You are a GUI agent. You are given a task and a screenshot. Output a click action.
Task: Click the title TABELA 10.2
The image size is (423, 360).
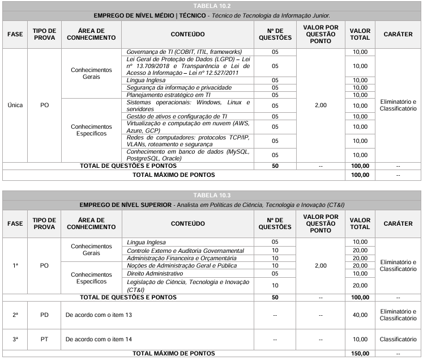pos(211,5)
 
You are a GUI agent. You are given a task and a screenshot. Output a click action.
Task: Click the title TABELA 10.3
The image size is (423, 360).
pos(211,196)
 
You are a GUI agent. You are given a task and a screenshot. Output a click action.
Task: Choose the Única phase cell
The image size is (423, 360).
pos(15,105)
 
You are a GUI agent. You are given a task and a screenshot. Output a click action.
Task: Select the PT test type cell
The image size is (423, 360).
pos(44,339)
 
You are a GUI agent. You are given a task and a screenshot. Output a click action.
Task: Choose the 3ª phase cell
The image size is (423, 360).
pos(15,339)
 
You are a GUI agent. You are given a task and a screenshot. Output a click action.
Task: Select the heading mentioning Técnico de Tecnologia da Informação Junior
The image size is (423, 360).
pos(211,14)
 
